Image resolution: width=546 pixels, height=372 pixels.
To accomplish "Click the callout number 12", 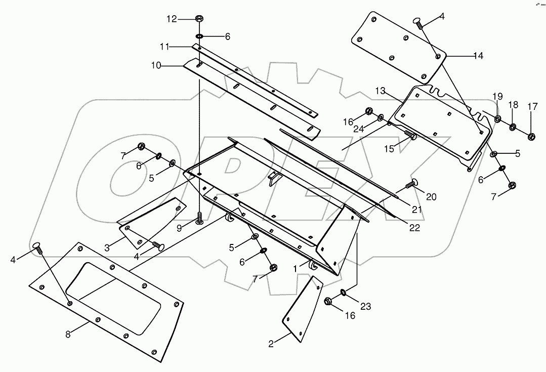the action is coord(172,19).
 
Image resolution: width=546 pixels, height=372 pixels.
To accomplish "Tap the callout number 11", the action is coord(164,47).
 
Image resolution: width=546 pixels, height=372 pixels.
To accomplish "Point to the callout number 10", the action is coord(156,65).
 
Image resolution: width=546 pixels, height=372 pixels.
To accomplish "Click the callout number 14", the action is coord(479,56).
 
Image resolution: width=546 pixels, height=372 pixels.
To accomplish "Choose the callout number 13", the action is coord(381,91).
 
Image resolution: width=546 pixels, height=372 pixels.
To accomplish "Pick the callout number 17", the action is coord(532,107).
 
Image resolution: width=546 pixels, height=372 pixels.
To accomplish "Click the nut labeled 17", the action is coord(531,136).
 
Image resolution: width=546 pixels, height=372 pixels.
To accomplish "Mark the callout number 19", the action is coord(497,96).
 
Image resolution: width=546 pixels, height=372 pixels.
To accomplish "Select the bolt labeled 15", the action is coord(410,135).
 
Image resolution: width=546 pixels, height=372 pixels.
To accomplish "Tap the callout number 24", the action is coord(359,129).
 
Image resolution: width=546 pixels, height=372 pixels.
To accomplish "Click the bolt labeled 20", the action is coord(410,184).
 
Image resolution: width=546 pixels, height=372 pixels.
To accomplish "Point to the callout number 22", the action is coord(414,228).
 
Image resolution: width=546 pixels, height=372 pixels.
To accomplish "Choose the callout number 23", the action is coord(366,307).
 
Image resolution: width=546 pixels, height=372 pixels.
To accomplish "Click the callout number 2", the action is coord(271,344).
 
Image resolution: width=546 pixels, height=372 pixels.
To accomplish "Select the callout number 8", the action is coord(67,335).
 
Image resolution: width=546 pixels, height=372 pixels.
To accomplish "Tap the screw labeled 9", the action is coord(199,219).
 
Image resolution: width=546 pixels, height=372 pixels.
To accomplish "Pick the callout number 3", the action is coord(107,248).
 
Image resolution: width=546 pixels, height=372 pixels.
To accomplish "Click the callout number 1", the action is coord(295,269).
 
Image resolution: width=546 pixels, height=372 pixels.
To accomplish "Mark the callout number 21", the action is coord(417,210).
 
